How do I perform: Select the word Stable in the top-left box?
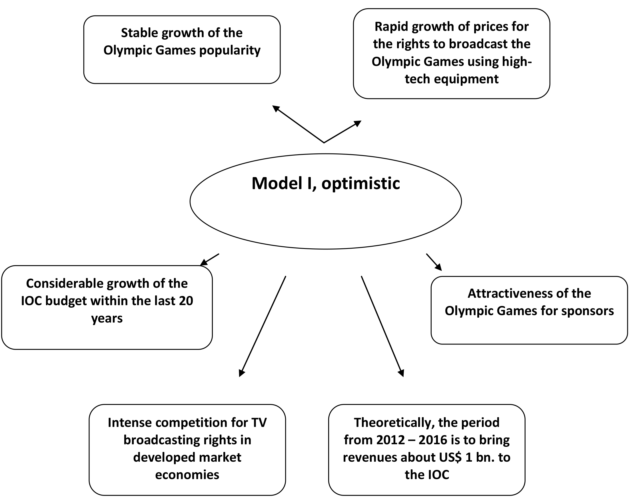point(140,33)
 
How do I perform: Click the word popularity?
point(230,51)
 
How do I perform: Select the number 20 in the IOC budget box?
point(186,301)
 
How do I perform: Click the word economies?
point(187,475)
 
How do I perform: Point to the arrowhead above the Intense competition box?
point(241,373)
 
